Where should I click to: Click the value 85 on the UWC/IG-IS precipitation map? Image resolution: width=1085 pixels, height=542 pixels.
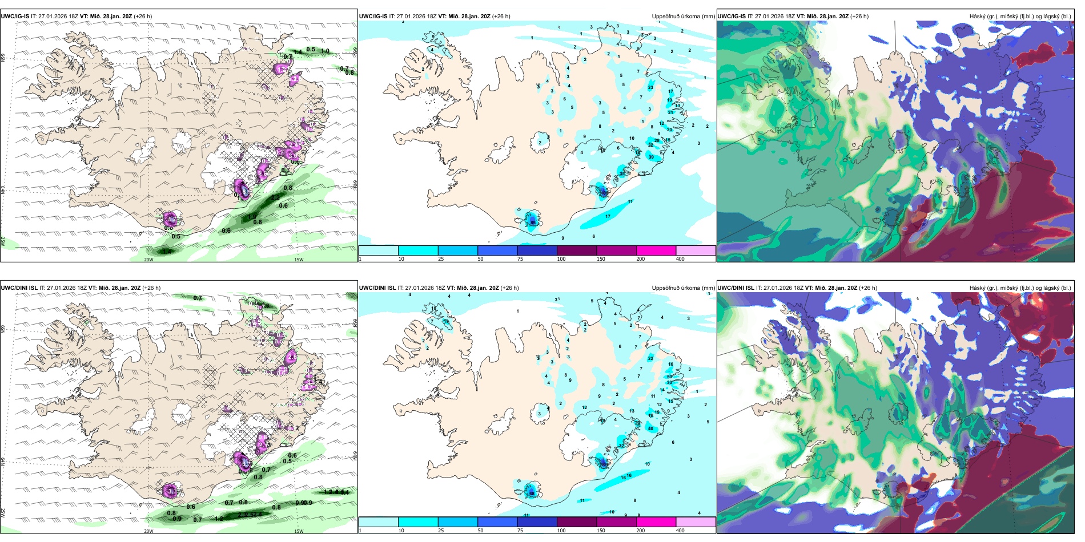coord(533,222)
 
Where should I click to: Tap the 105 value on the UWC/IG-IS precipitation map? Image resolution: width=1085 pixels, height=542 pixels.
coord(604,193)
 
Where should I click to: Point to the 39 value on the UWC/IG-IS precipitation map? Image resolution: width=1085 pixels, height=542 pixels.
coord(651,157)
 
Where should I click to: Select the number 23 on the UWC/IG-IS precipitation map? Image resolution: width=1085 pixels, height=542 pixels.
coord(650,87)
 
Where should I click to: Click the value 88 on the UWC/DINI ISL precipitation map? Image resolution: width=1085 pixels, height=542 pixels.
coord(532,494)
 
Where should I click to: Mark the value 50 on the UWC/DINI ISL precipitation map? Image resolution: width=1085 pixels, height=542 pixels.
coord(669,377)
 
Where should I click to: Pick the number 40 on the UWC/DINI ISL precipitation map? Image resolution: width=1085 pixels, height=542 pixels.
coord(651,428)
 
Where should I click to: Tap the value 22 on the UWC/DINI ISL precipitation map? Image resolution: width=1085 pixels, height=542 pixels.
coord(650,358)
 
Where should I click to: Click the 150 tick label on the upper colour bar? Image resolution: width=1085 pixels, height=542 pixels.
coord(601,259)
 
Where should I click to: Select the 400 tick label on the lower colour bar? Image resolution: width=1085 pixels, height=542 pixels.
coord(680,531)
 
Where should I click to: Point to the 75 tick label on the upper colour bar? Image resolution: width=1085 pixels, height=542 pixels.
coord(521,259)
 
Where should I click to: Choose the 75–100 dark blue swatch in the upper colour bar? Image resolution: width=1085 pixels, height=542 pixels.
coord(537,250)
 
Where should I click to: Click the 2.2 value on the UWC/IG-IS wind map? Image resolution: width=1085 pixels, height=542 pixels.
coord(275,197)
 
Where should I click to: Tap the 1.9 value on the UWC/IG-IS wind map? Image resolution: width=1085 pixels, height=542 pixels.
coord(252,216)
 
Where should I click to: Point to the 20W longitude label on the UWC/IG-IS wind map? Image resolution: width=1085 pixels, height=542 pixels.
coord(148,260)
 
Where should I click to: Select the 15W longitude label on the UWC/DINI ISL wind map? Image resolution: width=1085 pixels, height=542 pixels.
coord(299,531)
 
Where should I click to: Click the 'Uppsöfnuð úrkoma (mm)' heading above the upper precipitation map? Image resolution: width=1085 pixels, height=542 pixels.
coord(683,17)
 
